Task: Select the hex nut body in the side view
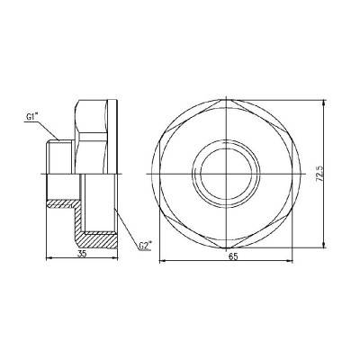94,135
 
